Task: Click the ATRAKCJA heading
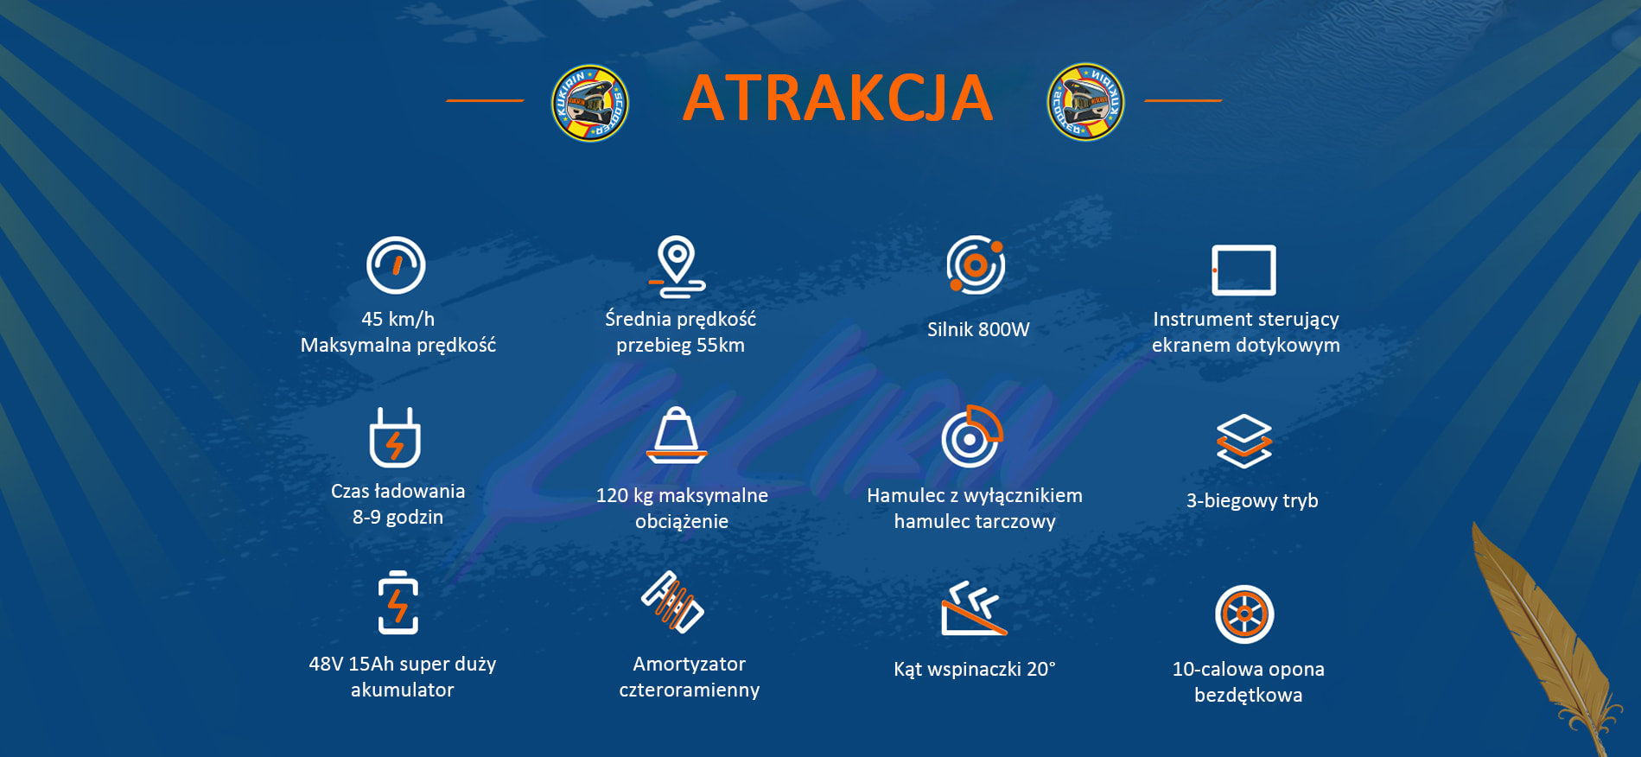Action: coord(837,99)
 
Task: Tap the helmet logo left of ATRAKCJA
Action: coord(590,103)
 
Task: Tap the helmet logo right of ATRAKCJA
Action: coord(1086,102)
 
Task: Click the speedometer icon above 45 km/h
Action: coord(396,265)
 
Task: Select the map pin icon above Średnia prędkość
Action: coord(677,266)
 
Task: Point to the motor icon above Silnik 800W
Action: coord(976,264)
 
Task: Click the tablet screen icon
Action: coord(1243,270)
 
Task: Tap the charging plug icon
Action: coord(395,437)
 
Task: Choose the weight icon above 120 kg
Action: coord(677,436)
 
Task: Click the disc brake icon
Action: coord(971,436)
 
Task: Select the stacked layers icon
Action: coord(1243,442)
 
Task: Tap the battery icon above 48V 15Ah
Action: coord(398,602)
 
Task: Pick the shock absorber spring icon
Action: coord(672,602)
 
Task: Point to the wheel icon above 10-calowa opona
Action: coord(1244,614)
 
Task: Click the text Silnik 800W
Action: coord(978,329)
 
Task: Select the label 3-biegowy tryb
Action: coord(1252,501)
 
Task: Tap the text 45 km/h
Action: coord(398,319)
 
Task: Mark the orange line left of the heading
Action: coord(485,100)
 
